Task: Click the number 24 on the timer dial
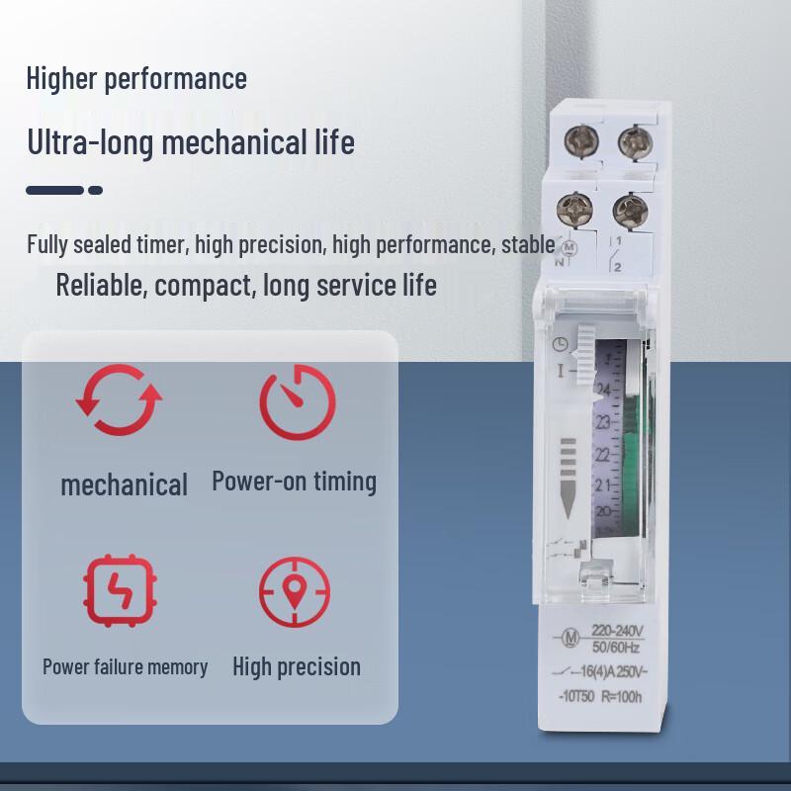point(603,389)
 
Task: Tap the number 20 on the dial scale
point(603,511)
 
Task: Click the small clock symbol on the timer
point(561,344)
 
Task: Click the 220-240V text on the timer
point(617,631)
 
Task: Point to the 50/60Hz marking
point(615,647)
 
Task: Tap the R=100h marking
point(621,695)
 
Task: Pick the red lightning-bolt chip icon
point(120,590)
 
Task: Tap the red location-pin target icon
point(296,594)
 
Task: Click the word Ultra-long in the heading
point(89,142)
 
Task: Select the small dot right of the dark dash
point(96,190)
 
